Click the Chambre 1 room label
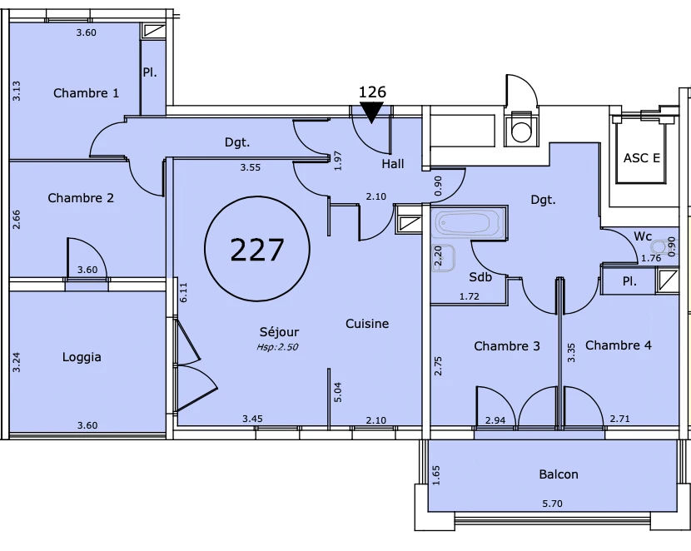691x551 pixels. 86,93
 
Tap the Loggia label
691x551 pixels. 82,357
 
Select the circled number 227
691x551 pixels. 257,249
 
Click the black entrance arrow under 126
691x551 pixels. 371,112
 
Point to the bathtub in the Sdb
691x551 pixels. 469,222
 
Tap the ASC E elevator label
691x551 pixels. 642,157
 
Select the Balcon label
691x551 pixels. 559,474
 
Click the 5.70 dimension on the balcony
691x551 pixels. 552,504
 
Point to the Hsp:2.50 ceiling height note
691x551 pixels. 277,347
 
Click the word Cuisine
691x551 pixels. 367,324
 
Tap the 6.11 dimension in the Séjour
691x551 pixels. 184,292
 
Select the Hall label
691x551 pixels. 393,164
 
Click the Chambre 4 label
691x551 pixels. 619,345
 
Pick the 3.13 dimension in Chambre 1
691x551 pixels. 17,92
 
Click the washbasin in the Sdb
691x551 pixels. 444,259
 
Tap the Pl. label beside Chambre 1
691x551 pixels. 150,72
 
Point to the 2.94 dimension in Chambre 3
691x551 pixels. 495,420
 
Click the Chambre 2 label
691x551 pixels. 81,198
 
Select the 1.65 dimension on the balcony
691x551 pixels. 436,476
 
